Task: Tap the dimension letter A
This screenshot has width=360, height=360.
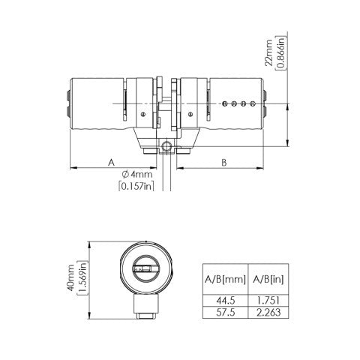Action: point(110,161)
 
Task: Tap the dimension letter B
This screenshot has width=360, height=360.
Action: point(223,161)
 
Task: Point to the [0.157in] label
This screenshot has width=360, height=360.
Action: point(136,186)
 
